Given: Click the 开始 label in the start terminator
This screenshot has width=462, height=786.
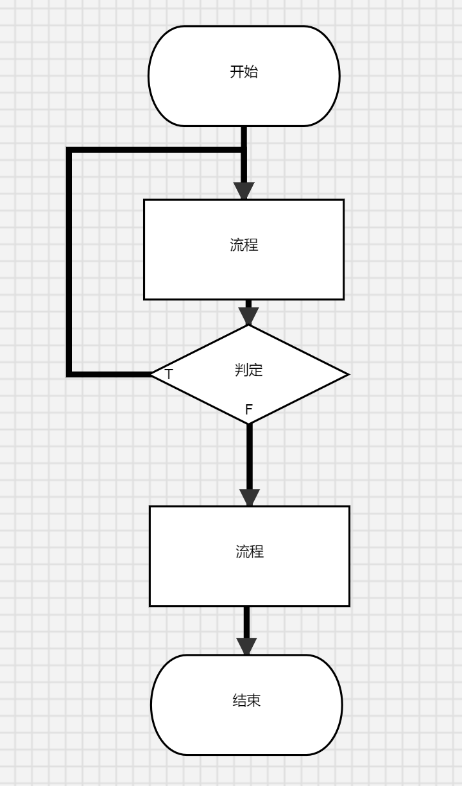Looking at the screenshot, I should point(244,72).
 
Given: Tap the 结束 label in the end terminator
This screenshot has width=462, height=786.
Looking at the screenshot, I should point(246,700).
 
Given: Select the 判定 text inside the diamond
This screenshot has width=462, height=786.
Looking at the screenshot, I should point(249,370).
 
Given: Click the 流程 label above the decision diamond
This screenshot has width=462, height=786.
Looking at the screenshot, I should point(244,244).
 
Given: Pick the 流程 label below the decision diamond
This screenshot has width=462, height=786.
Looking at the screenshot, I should point(250,551).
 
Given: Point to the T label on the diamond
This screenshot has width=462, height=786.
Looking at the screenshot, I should point(169,375).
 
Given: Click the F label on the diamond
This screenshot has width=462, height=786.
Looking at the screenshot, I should point(249,409).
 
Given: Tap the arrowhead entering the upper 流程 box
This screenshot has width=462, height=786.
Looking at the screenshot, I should point(244,191).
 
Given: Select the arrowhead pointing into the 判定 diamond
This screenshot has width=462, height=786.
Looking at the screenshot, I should point(248,316).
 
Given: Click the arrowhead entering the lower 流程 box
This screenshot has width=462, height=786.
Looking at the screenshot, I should point(250,498).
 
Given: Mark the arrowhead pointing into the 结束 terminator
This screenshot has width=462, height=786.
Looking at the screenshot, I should point(246,647).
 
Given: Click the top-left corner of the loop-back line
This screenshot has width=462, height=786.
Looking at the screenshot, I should point(69,150).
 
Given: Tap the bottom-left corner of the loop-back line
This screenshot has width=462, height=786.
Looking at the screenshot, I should point(69,373).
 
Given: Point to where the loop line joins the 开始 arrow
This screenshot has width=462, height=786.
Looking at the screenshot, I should point(244,150).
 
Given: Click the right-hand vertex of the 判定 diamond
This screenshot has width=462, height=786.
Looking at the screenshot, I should point(348,374).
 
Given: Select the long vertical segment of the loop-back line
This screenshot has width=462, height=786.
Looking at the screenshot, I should point(69,263).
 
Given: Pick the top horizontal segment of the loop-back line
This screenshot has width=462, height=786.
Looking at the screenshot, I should point(154,150).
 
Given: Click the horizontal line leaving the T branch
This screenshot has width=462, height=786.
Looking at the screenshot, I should point(109,373).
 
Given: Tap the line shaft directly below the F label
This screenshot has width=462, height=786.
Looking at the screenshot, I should point(250,456).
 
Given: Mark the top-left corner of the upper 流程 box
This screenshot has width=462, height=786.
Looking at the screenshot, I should point(144,200).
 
